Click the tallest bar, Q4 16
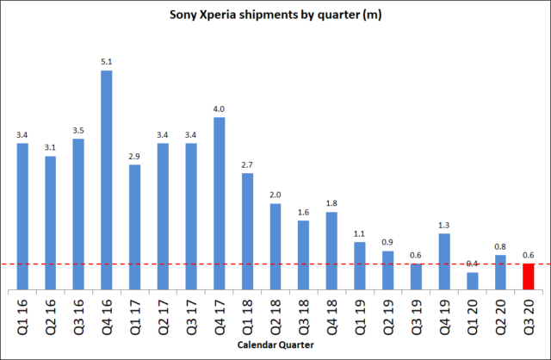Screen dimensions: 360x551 [107, 180]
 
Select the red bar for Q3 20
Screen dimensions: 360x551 [528, 276]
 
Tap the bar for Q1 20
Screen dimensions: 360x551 [472, 281]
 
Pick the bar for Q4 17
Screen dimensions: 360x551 [220, 203]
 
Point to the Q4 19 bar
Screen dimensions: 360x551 [443, 261]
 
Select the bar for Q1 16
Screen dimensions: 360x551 [22, 216]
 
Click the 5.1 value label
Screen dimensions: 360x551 [107, 61]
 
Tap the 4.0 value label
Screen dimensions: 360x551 [220, 109]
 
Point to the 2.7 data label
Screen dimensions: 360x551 [247, 164]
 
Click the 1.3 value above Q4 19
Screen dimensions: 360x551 [443, 225]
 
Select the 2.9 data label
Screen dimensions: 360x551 [135, 156]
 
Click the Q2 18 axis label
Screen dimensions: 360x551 [275, 315]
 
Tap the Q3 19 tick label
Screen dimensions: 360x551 [416, 315]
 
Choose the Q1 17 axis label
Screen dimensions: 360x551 [135, 315]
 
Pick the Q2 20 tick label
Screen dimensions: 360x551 [500, 315]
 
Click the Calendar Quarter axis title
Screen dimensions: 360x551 [275, 345]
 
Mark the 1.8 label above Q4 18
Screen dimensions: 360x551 [331, 203]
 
